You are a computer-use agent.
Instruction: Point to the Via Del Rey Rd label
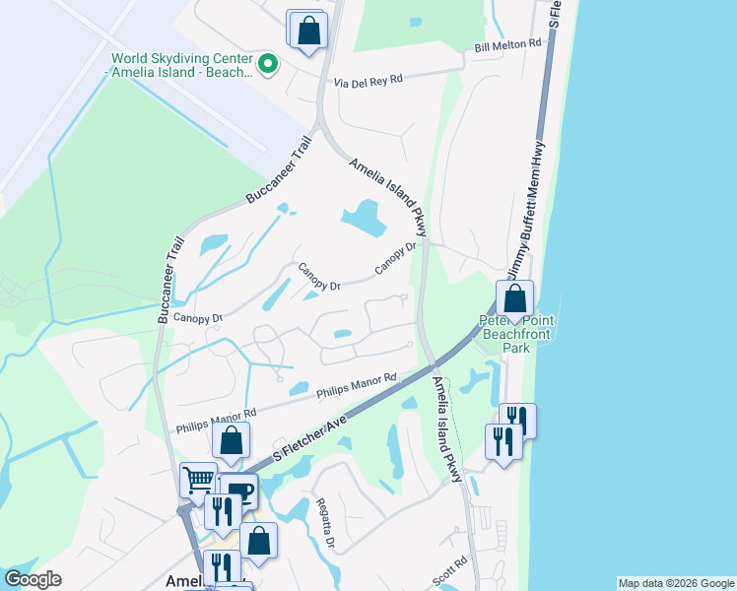[x=368, y=82]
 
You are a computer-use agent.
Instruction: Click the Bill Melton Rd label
[x=507, y=44]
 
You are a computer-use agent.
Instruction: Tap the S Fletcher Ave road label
[x=310, y=439]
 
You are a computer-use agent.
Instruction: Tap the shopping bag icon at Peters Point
[x=514, y=299]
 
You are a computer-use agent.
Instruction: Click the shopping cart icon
[x=200, y=482]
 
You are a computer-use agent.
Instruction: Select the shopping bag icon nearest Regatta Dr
[x=258, y=541]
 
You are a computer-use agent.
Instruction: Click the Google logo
[x=33, y=579]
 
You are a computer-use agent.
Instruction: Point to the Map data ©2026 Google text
[x=676, y=583]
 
